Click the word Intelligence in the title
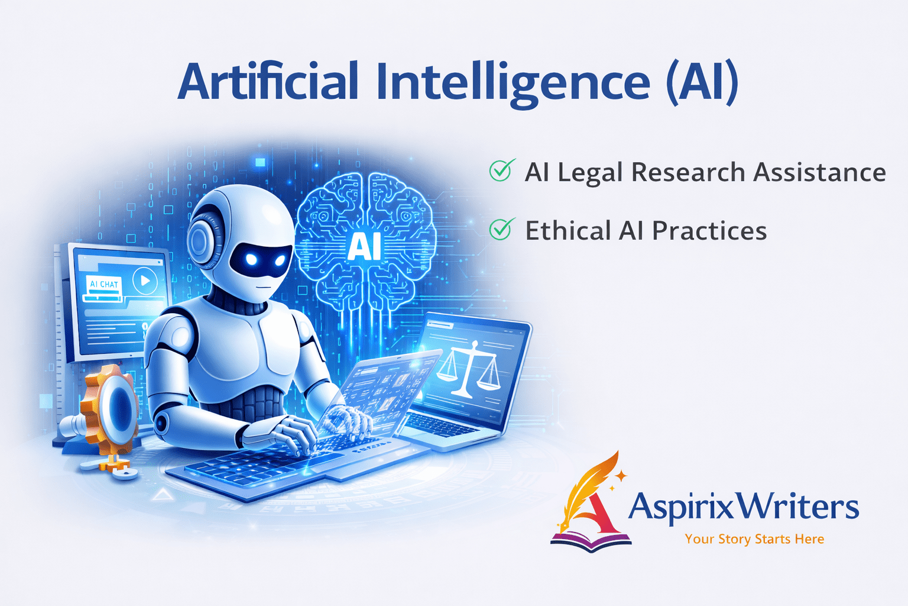(513, 83)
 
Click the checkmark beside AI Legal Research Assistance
(501, 171)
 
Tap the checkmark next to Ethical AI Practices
(501, 229)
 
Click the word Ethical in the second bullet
(567, 231)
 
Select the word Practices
(709, 231)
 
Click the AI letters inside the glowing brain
(364, 246)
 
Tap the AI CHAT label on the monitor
(104, 284)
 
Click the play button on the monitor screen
(145, 281)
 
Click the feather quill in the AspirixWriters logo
(591, 482)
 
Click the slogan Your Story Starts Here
(754, 539)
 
